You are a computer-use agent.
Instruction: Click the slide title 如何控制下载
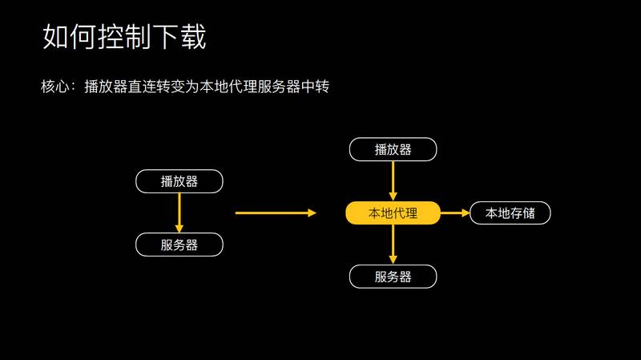(123, 37)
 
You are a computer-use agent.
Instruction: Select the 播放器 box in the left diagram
(179, 181)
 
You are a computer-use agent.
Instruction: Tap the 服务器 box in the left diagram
(179, 245)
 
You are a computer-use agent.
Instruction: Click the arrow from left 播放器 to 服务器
(179, 212)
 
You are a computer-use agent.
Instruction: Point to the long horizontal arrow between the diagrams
(276, 212)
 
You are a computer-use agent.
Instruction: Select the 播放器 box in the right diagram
(393, 149)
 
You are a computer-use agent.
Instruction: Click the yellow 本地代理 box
(393, 212)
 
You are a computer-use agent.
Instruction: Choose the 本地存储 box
(510, 212)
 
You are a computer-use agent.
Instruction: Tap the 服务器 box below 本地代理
(393, 277)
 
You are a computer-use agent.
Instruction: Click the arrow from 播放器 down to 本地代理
(393, 180)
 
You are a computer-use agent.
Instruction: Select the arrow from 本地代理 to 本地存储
(454, 212)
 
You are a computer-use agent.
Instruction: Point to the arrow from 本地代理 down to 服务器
(393, 245)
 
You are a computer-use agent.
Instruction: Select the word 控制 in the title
(123, 37)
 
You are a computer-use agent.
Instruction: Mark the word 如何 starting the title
(68, 37)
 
